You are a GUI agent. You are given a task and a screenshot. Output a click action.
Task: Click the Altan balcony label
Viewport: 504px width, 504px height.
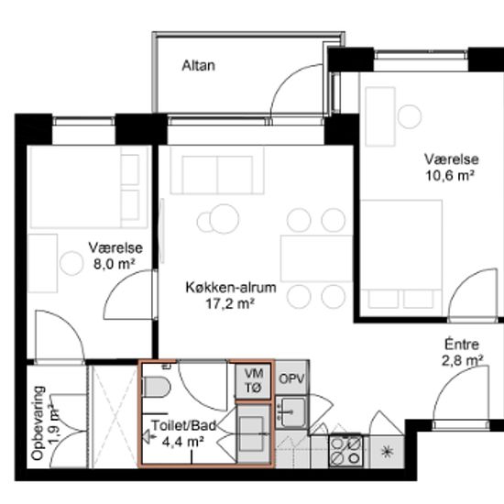pyautogui.click(x=198, y=66)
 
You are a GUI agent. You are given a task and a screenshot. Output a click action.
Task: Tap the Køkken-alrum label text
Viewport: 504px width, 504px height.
pyautogui.click(x=231, y=288)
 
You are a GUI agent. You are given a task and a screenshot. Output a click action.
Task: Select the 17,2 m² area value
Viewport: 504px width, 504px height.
pyautogui.click(x=230, y=303)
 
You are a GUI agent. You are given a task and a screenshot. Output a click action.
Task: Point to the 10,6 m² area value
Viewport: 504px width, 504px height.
pyautogui.click(x=450, y=176)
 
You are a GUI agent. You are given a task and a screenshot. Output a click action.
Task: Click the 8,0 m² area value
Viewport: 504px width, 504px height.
pyautogui.click(x=115, y=264)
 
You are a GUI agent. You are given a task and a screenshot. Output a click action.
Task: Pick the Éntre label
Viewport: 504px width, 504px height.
pyautogui.click(x=462, y=345)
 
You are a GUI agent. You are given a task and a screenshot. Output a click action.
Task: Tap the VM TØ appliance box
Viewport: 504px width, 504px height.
pyautogui.click(x=253, y=381)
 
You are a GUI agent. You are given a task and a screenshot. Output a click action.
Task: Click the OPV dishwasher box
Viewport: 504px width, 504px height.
pyautogui.click(x=291, y=378)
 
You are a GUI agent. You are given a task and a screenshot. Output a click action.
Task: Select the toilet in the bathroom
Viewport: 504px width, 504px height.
pyautogui.click(x=156, y=387)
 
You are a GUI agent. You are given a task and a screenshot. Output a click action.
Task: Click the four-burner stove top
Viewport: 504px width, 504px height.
pyautogui.click(x=345, y=451)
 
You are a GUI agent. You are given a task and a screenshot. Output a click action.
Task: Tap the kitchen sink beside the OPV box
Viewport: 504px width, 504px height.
pyautogui.click(x=291, y=412)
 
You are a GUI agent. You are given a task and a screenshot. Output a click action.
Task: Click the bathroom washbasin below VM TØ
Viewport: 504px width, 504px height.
pyautogui.click(x=253, y=433)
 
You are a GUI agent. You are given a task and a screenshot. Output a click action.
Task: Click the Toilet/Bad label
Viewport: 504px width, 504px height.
pyautogui.click(x=184, y=425)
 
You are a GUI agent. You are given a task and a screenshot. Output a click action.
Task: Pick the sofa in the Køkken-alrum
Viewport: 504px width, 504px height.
pyautogui.click(x=217, y=170)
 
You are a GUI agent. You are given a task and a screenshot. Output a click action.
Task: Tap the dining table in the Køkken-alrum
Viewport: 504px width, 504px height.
pyautogui.click(x=317, y=258)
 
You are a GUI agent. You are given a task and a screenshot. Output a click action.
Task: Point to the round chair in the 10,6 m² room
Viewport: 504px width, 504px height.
pyautogui.click(x=410, y=116)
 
